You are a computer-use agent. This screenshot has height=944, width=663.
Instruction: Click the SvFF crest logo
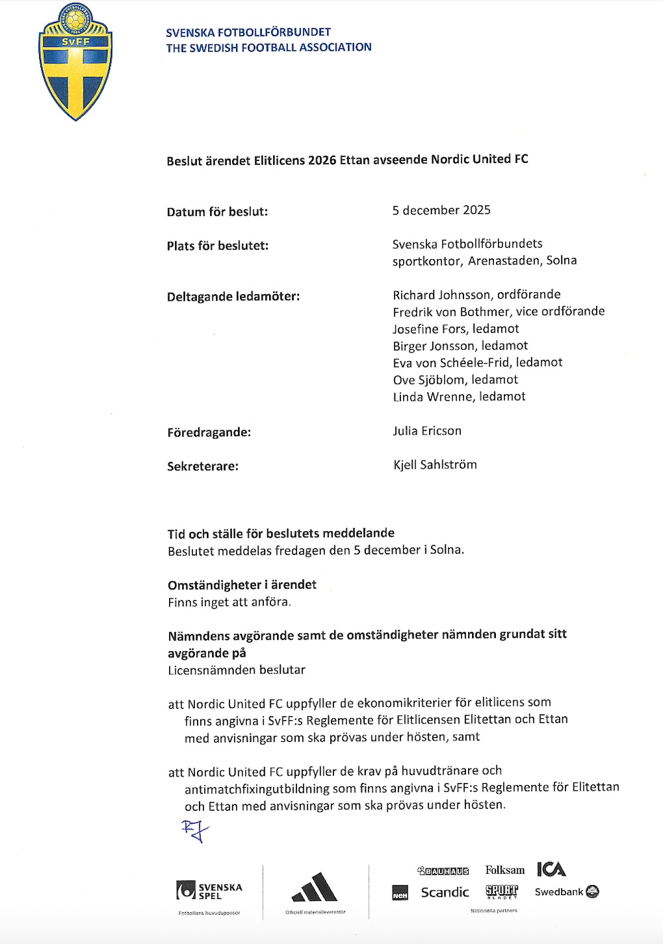[x=76, y=63]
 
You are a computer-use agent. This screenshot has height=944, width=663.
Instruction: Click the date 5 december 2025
[x=441, y=211]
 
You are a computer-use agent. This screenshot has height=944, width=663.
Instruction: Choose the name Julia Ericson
[x=427, y=431]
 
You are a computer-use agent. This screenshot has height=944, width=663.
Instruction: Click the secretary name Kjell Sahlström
[x=435, y=464]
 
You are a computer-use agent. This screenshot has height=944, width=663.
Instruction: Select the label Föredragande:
[x=209, y=433]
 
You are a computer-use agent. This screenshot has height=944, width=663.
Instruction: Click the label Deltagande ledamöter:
[x=233, y=297]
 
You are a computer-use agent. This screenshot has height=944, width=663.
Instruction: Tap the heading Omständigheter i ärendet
[x=242, y=585]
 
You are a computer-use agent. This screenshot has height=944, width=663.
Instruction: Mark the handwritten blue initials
[x=195, y=831]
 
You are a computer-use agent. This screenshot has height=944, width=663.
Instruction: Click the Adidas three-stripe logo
[x=315, y=888]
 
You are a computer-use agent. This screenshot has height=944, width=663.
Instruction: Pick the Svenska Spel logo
[x=210, y=890]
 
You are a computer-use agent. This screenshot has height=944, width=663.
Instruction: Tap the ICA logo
[x=551, y=869]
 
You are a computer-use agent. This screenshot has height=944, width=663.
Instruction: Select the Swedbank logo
[x=567, y=892]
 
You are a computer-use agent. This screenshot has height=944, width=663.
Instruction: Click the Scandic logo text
[x=445, y=892]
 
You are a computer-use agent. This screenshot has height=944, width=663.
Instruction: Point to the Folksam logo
[x=505, y=870]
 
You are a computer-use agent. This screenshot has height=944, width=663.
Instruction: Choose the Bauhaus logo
[x=443, y=870]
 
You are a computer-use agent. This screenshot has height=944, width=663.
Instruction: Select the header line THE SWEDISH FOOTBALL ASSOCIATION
[x=269, y=48]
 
